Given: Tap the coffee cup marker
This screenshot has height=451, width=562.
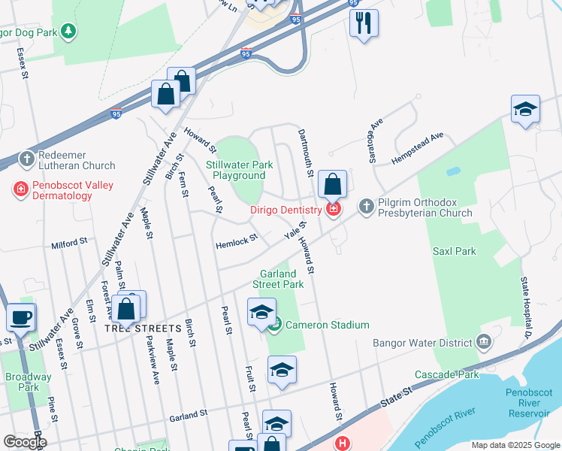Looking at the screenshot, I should (20, 316).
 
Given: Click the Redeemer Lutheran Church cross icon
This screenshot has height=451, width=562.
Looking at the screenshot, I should (26, 158).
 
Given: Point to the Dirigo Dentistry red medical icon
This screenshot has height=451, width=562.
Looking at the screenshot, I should (333, 208).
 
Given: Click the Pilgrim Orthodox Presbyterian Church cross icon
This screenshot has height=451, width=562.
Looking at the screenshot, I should (367, 205).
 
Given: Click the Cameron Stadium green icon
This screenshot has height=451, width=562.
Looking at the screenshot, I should (276, 325).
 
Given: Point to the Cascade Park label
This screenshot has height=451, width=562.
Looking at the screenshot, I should (446, 374).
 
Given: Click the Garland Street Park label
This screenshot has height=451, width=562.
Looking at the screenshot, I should (282, 279).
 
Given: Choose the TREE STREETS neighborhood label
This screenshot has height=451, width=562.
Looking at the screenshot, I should (143, 328).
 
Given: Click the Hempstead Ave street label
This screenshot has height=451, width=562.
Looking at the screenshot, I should (417, 149).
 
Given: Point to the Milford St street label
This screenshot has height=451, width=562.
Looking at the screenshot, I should (69, 244).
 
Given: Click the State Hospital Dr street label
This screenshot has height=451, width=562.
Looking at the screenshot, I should (527, 306).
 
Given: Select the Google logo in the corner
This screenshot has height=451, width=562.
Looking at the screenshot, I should (24, 443).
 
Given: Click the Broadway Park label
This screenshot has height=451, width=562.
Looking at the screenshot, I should (28, 381).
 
